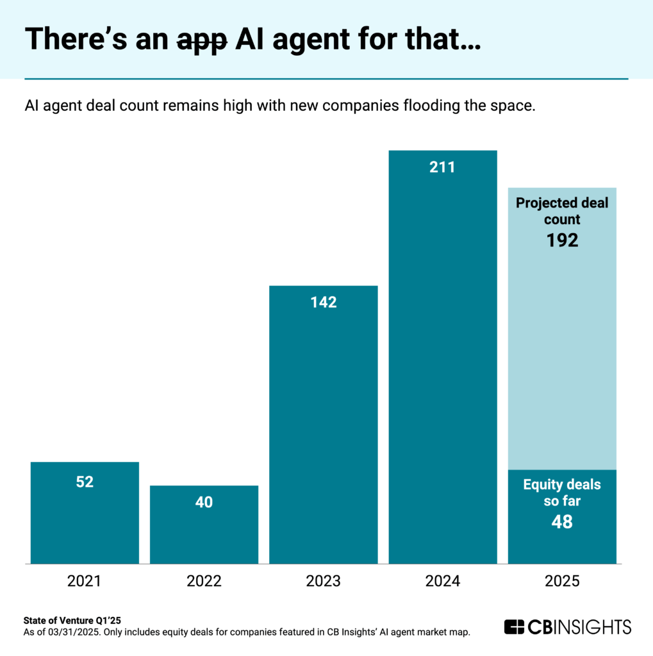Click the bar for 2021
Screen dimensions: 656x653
(x=85, y=512)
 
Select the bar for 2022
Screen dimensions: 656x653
(x=204, y=525)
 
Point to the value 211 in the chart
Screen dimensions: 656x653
(x=442, y=168)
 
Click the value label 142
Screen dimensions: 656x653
(x=323, y=302)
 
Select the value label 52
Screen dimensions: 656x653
(x=85, y=482)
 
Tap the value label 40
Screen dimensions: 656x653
(x=204, y=502)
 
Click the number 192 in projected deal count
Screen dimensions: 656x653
(x=562, y=240)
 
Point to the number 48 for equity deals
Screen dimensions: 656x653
(x=562, y=522)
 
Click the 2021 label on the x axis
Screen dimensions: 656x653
(x=85, y=582)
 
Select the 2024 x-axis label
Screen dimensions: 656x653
(x=442, y=582)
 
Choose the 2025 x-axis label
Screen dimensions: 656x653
(x=562, y=582)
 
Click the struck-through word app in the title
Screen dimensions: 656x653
(x=200, y=40)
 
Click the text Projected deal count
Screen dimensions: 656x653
(x=562, y=211)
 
